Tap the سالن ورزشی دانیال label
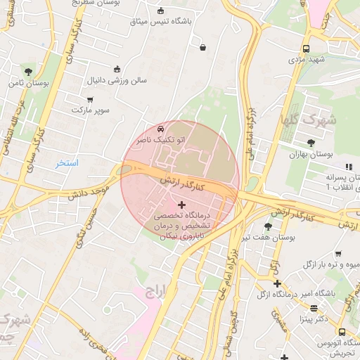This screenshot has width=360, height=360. click(117, 81)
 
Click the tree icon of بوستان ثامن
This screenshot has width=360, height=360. click(28, 72)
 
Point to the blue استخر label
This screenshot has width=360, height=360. click(68, 163)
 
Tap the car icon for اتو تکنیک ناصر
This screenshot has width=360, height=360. click(161, 129)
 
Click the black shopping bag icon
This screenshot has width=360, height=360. click(203, 48)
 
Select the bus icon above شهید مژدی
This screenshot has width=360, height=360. click(306, 49)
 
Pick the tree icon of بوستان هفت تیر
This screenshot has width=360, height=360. click(268, 226)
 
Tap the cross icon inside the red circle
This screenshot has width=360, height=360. click(182, 205)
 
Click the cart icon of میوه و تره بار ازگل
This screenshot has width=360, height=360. click(338, 254)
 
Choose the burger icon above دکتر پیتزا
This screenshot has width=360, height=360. click(314, 308)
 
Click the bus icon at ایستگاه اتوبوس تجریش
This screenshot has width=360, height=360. click(342, 332)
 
